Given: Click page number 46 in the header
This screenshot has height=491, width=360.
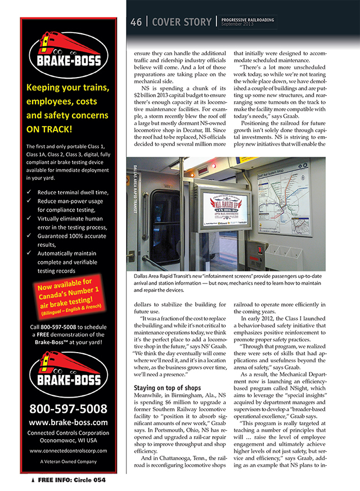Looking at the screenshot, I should [136, 22].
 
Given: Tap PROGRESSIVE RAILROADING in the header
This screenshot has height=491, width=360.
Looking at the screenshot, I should [248, 20].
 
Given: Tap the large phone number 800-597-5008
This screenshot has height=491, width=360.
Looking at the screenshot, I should [67, 408].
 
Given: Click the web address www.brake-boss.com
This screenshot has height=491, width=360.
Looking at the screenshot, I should [67, 422].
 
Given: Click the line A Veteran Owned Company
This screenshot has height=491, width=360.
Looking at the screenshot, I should [67, 461].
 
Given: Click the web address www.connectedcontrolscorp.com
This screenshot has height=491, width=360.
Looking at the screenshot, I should [67, 451].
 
